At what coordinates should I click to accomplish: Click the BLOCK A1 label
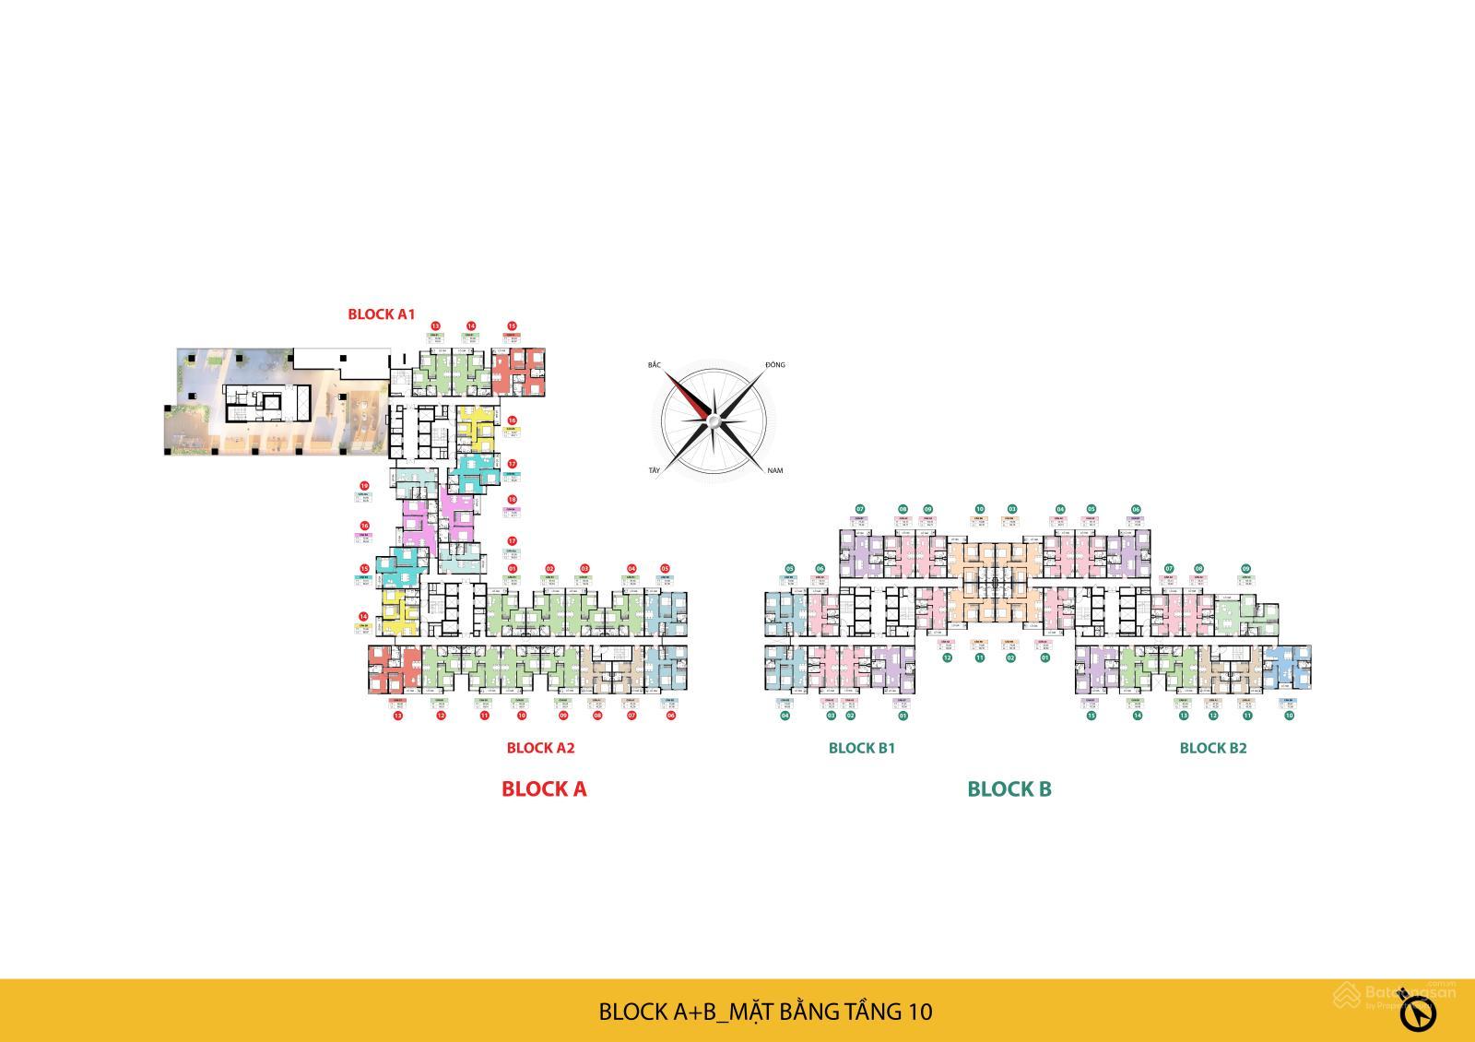381,314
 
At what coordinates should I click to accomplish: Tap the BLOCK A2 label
540,748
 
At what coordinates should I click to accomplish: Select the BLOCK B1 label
861,748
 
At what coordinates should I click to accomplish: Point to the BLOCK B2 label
1212,748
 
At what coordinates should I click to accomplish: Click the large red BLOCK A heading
544,788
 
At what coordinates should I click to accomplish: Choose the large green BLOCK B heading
1009,788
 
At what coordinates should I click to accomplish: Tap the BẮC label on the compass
655,365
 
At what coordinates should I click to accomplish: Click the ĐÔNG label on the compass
774,365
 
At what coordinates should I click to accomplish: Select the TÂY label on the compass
655,471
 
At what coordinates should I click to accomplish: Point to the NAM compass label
774,471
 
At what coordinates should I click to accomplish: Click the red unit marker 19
364,485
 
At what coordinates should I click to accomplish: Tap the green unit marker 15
1091,715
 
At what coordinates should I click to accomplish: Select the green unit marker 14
1138,715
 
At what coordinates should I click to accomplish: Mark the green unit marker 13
1183,715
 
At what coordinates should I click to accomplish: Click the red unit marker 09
563,715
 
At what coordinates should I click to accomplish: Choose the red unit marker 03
584,569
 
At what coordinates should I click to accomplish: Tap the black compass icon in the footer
1419,1014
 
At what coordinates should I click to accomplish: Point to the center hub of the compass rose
712,422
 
